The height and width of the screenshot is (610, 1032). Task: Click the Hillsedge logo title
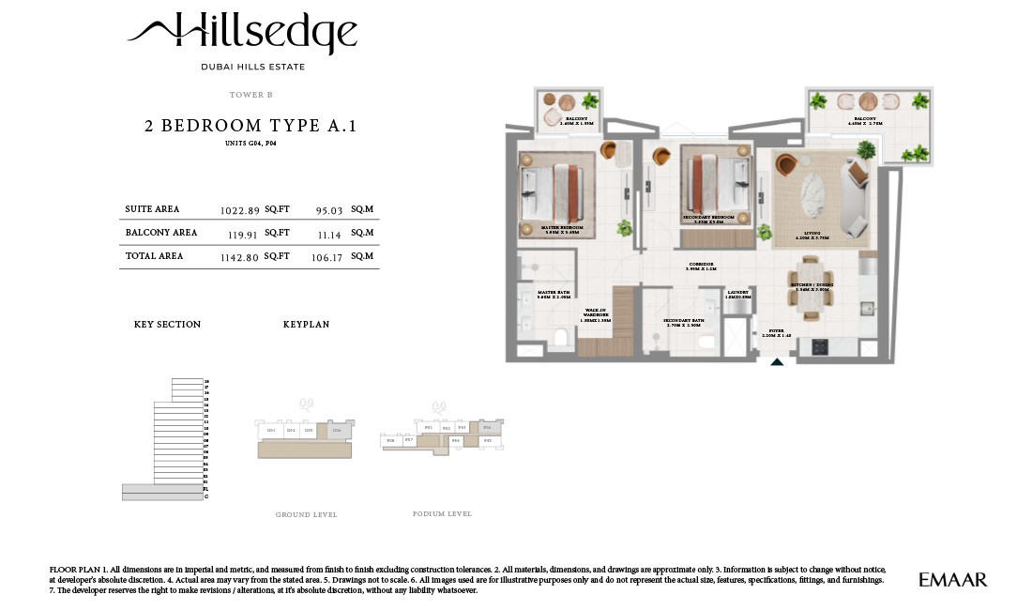click(242, 34)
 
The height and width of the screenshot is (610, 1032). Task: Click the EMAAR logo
click(952, 580)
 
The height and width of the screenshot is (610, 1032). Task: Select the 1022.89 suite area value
click(239, 210)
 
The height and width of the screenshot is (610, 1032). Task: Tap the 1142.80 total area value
click(239, 256)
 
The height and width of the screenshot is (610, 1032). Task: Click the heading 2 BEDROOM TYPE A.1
click(250, 126)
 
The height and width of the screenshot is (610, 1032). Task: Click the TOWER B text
click(250, 95)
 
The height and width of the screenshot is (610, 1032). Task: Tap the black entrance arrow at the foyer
click(776, 360)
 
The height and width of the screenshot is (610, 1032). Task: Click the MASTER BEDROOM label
click(562, 229)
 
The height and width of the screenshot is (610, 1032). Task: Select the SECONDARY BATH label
click(684, 322)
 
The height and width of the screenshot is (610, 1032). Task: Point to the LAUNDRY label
click(738, 293)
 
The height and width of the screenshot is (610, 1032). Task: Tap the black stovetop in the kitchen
click(818, 346)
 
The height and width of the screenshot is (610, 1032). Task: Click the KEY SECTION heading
click(167, 325)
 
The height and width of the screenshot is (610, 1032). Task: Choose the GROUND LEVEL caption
click(306, 515)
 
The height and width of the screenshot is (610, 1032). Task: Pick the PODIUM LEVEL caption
click(442, 514)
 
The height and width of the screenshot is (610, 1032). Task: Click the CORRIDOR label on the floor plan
click(701, 266)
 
